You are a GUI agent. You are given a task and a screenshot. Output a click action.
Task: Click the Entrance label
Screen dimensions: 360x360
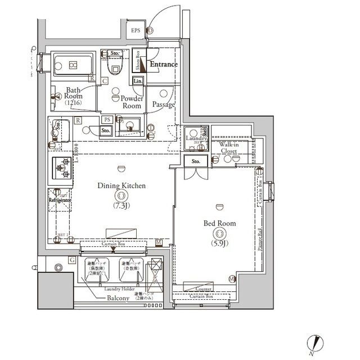(164, 65)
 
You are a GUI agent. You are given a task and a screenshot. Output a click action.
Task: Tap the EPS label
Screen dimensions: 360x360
(136, 30)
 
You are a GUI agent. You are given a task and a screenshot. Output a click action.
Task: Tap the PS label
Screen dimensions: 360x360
(106, 120)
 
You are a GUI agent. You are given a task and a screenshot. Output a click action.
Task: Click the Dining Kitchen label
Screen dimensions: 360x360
(121, 185)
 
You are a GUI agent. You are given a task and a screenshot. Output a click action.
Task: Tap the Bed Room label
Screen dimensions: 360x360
(219, 223)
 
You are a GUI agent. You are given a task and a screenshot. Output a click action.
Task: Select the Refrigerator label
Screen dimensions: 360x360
(59, 200)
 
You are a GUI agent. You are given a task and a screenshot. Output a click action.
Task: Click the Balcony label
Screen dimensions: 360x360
(119, 298)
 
